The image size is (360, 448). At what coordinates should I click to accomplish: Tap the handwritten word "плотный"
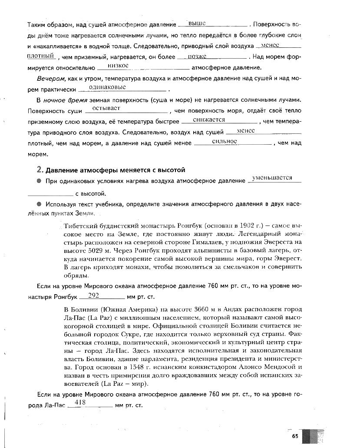pyautogui.click(x=40, y=56)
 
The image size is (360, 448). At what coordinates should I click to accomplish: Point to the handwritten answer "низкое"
pyautogui.click(x=117, y=66)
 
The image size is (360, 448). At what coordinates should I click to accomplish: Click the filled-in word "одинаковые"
pyautogui.click(x=107, y=87)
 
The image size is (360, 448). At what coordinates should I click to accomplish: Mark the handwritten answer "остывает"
pyautogui.click(x=106, y=108)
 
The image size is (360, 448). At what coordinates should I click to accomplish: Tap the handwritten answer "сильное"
pyautogui.click(x=224, y=142)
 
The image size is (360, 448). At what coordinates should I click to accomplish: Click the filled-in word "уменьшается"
pyautogui.click(x=272, y=178)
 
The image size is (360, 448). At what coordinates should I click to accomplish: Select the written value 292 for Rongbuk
pyautogui.click(x=94, y=295)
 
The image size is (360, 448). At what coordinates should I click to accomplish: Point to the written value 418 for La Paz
pyautogui.click(x=81, y=402)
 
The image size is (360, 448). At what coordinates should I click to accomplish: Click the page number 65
pyautogui.click(x=295, y=436)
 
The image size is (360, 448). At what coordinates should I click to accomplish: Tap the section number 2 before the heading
pyautogui.click(x=39, y=169)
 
